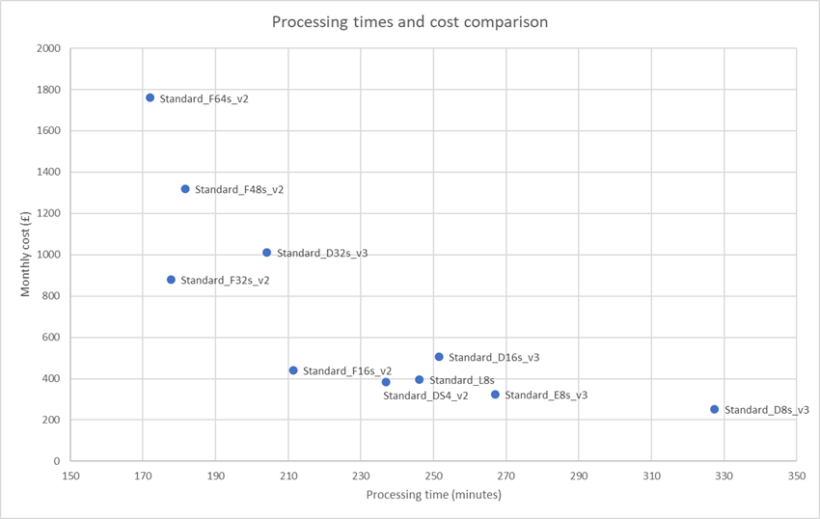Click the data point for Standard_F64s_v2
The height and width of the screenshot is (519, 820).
[x=150, y=97]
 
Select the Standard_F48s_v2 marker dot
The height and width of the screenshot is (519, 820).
[x=185, y=189]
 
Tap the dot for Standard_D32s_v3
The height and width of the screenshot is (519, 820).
[x=267, y=253]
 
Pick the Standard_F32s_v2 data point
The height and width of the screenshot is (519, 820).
[x=172, y=280]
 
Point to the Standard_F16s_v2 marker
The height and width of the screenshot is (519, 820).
[x=293, y=370]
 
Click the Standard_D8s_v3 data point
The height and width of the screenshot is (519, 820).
[x=715, y=409]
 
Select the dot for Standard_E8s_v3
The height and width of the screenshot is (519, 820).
[x=496, y=395]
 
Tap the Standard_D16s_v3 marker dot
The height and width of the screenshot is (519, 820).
[x=439, y=357]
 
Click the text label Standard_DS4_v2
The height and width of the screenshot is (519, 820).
[x=425, y=396]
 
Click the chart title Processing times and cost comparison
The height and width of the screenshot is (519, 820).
[x=409, y=22]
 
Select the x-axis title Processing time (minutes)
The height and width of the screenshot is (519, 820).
[x=433, y=495]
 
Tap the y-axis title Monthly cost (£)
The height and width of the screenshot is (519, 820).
[x=27, y=255]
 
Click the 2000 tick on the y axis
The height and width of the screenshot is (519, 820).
[x=49, y=48]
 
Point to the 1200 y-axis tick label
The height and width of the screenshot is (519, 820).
[x=49, y=213]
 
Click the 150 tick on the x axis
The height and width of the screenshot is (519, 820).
[x=70, y=476]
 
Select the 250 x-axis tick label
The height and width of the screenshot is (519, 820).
[x=433, y=476]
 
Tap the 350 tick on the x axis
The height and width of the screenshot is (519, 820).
[x=797, y=476]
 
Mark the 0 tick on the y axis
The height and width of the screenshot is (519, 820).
[x=58, y=461]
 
